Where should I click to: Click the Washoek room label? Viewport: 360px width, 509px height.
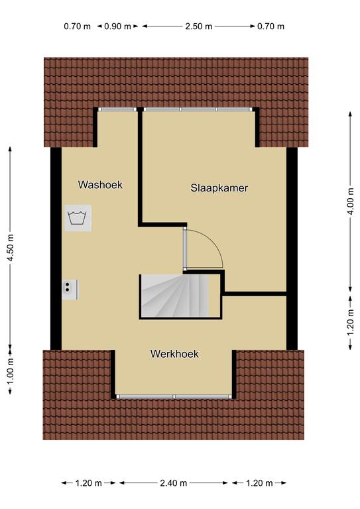[100, 185]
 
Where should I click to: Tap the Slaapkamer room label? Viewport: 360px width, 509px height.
[219, 188]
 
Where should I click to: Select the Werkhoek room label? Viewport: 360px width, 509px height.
[174, 354]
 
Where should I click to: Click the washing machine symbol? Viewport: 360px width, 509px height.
[78, 218]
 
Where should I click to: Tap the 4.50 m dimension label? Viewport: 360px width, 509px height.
[11, 248]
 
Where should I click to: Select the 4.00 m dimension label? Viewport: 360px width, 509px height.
[350, 201]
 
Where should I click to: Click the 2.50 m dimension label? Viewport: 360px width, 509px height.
[199, 27]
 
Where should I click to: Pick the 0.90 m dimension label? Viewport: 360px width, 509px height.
[117, 27]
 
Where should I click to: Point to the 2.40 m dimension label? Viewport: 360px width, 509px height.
[173, 483]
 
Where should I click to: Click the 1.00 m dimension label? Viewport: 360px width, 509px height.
[11, 371]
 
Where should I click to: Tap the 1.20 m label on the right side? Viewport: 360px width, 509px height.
[350, 323]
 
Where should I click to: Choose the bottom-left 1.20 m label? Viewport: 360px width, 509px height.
[89, 483]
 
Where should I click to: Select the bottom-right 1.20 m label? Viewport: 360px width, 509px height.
[259, 483]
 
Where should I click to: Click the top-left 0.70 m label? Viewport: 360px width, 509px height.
[78, 27]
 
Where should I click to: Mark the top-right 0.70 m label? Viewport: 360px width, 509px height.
[270, 27]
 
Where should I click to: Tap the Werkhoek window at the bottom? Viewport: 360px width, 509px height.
[174, 396]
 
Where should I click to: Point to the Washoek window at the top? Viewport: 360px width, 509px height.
[117, 109]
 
